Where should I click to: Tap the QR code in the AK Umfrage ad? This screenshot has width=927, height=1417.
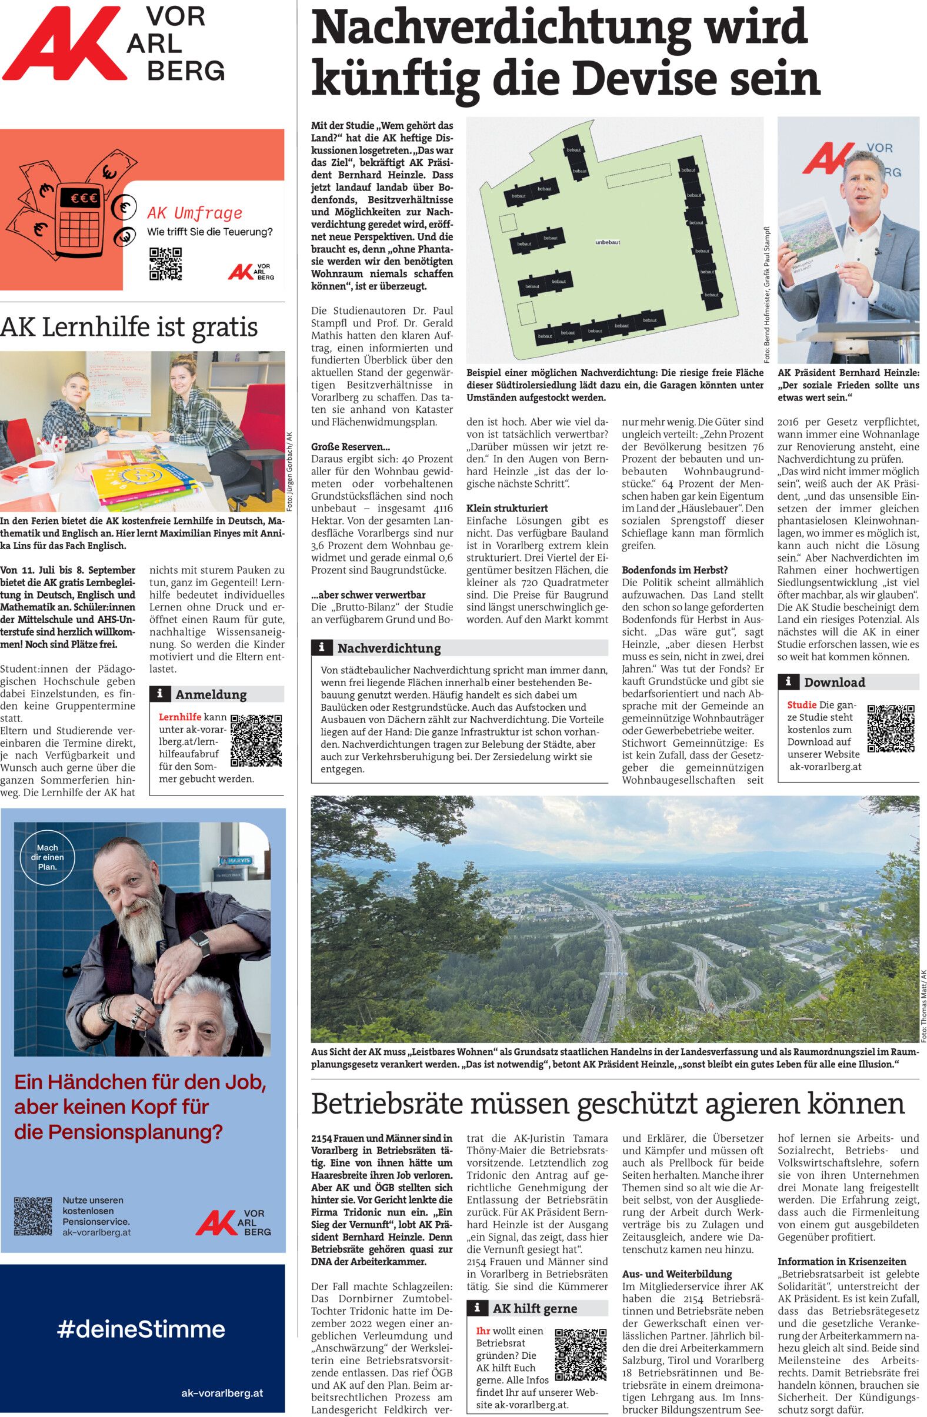(x=165, y=264)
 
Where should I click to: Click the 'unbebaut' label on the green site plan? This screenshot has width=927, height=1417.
(x=608, y=242)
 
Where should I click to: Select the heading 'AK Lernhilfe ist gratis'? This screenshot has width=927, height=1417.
(x=129, y=327)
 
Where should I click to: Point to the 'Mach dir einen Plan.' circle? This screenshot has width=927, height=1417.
(x=48, y=857)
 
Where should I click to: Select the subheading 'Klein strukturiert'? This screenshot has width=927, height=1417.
(x=507, y=508)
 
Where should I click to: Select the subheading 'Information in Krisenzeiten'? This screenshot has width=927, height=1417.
(x=842, y=1261)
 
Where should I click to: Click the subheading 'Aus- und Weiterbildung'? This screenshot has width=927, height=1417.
(x=677, y=1274)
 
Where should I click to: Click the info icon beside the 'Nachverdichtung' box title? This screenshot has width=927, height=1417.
(x=322, y=647)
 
